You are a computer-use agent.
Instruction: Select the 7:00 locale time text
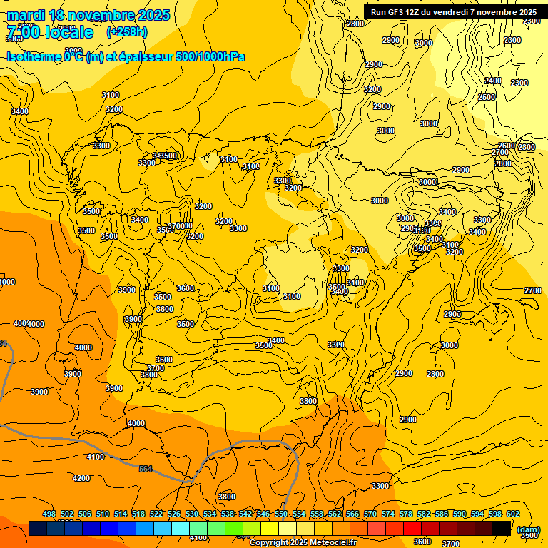click(x=50, y=32)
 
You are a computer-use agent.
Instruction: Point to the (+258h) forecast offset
click(x=127, y=32)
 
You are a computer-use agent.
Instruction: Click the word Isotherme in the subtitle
click(x=34, y=56)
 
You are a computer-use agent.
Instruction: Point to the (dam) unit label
click(x=528, y=529)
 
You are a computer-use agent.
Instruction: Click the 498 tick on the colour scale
click(x=49, y=514)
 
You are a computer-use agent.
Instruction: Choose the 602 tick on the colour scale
click(x=513, y=514)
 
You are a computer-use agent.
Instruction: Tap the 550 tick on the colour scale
click(x=281, y=514)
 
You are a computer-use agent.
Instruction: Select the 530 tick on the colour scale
click(x=192, y=514)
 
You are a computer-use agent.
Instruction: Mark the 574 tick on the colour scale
click(x=388, y=514)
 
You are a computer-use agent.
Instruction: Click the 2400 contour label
click(x=493, y=81)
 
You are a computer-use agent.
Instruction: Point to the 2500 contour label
click(x=487, y=97)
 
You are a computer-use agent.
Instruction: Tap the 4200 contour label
click(x=81, y=478)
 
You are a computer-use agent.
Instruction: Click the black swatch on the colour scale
click(x=502, y=528)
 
